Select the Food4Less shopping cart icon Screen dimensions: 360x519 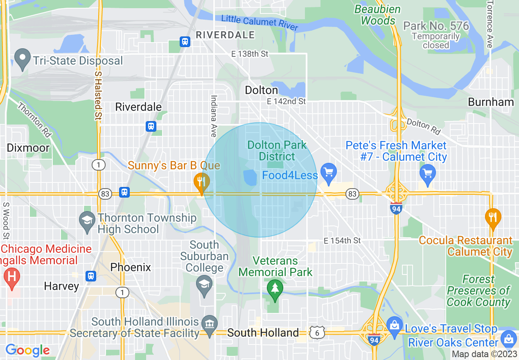coord(328,172)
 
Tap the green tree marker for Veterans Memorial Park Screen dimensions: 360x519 coord(275,288)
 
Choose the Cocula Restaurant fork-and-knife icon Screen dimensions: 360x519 coord(493,217)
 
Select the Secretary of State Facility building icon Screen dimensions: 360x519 coord(210,325)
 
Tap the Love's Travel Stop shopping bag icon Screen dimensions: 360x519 coord(395,326)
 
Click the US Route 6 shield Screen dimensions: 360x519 coord(317,333)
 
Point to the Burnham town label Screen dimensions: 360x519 coord(490,102)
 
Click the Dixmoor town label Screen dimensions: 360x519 coord(28,148)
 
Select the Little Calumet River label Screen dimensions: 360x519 coord(259,22)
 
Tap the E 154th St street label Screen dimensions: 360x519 coord(342,241)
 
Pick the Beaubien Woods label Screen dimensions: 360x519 coord(378,15)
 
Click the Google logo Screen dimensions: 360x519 coord(28,350)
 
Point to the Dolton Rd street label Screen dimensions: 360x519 coord(424,127)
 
